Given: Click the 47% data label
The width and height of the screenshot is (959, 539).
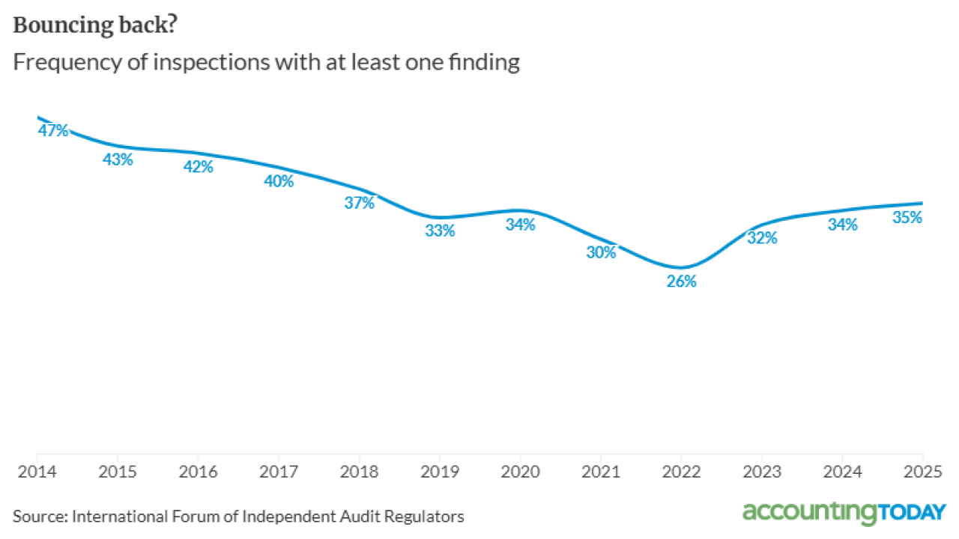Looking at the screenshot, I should tap(53, 130).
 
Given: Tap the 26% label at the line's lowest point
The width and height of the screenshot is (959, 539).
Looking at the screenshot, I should tap(682, 281).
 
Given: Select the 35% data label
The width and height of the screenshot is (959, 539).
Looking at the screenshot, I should tap(907, 217).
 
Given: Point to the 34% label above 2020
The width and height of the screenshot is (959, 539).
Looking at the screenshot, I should tap(520, 224).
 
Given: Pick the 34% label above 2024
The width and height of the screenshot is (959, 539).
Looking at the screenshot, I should tap(842, 224).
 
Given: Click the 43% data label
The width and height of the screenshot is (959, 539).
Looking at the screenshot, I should tap(118, 159).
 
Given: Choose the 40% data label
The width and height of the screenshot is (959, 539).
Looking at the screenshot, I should tap(279, 180).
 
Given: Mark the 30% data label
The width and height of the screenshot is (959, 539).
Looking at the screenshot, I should tap(601, 252).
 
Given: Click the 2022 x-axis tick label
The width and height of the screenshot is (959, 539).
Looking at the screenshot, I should tap(682, 473).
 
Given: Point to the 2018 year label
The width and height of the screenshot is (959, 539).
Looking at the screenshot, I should tap(359, 473).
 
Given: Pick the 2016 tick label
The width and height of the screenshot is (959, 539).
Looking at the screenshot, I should tap(198, 473).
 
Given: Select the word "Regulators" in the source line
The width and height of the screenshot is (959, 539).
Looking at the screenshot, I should tap(427, 517).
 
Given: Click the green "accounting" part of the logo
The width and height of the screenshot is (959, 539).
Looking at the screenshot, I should tap(809, 513).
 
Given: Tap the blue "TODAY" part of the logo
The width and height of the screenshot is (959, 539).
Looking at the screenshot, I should tap(912, 513).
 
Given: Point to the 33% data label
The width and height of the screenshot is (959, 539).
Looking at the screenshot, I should tap(440, 231).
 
